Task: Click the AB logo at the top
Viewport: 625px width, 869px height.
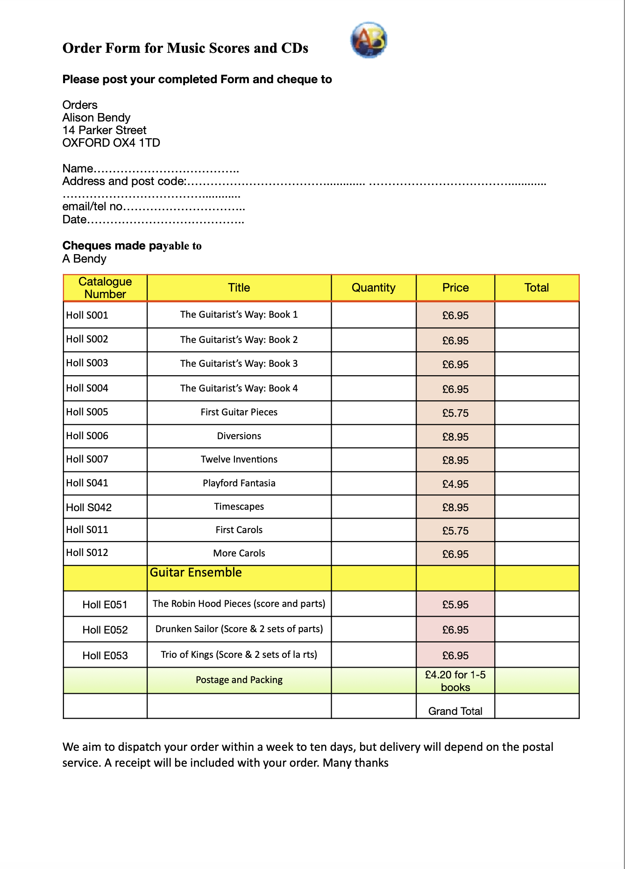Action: click(x=369, y=40)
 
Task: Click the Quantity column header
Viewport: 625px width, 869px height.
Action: click(x=373, y=288)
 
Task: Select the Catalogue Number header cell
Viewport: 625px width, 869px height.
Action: click(x=105, y=288)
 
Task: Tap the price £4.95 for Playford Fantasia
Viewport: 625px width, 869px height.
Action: click(x=455, y=484)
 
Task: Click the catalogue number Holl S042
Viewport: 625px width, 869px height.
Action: click(x=89, y=507)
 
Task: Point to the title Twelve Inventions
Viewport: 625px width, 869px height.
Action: click(x=239, y=459)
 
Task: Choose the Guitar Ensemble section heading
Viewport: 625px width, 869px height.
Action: click(x=196, y=573)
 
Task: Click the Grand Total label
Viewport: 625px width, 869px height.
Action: click(x=455, y=711)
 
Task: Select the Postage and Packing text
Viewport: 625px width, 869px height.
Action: click(x=239, y=680)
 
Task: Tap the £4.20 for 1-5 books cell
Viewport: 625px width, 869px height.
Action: click(x=455, y=681)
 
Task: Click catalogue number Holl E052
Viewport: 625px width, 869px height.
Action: click(x=105, y=630)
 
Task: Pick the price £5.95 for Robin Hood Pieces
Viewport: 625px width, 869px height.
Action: click(x=455, y=605)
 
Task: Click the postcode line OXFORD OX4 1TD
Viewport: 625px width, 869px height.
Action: click(x=111, y=143)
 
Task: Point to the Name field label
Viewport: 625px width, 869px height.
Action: click(x=78, y=169)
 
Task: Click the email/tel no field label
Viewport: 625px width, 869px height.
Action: click(x=92, y=207)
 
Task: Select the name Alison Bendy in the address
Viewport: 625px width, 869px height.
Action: click(x=96, y=118)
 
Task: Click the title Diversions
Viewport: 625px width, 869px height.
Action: click(x=239, y=436)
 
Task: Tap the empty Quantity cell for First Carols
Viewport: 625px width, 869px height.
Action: click(x=373, y=530)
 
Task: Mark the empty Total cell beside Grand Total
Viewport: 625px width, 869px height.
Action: click(x=537, y=706)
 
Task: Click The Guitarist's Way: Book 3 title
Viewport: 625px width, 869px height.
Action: click(x=239, y=363)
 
